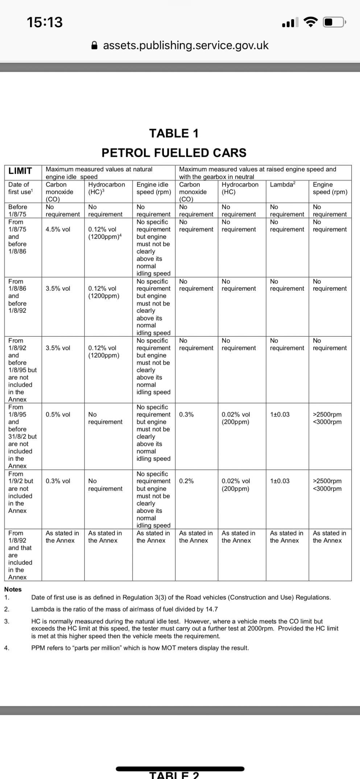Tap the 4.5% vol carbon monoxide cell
58,229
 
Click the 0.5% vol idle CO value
58,414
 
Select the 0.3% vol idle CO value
58,481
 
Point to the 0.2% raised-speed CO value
186,481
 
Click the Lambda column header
282,185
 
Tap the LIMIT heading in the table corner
20,171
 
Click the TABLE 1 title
174,133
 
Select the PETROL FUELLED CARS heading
174,153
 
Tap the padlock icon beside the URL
94,45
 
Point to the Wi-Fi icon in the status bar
310,22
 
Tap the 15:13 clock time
45,22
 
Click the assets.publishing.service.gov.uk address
186,45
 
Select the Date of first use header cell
20,188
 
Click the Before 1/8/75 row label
17,211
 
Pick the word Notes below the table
13,589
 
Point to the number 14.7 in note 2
212,609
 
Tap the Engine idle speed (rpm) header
153,188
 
